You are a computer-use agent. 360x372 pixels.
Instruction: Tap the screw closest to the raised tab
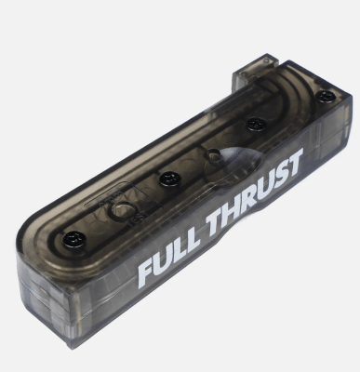click(325, 96)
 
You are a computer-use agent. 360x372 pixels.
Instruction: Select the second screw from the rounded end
click(168, 177)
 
